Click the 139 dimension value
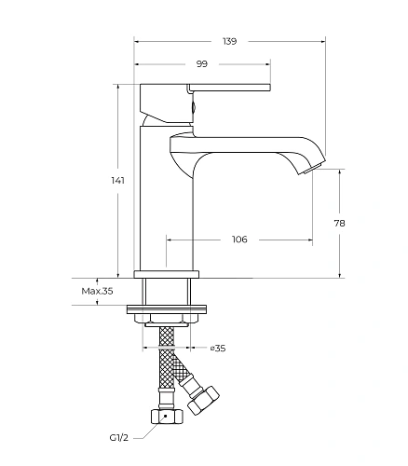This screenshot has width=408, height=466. (x=230, y=41)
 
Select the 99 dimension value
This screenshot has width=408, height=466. (x=202, y=64)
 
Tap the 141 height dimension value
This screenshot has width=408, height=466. (x=118, y=180)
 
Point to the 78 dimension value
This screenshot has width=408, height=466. (x=339, y=223)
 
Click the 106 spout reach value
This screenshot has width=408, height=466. (x=239, y=240)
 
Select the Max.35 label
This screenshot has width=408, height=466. (x=97, y=291)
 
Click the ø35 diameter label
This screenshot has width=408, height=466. (x=218, y=349)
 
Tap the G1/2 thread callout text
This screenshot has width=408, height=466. (x=119, y=438)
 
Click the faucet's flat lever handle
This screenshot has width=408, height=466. (x=230, y=88)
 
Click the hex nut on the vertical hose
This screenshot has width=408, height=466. (x=167, y=417)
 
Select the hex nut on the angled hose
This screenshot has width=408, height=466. (x=203, y=400)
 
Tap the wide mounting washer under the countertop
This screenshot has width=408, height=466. (x=167, y=309)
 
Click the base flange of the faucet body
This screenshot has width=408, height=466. (x=167, y=274)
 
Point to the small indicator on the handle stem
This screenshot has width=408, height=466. (x=194, y=107)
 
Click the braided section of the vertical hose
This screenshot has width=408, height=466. (x=167, y=357)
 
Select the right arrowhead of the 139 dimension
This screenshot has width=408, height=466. (x=323, y=41)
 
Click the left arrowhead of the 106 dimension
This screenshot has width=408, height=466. (x=170, y=240)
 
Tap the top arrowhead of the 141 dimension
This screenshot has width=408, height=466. (x=118, y=88)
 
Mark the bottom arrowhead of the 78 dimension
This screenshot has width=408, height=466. (x=339, y=275)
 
